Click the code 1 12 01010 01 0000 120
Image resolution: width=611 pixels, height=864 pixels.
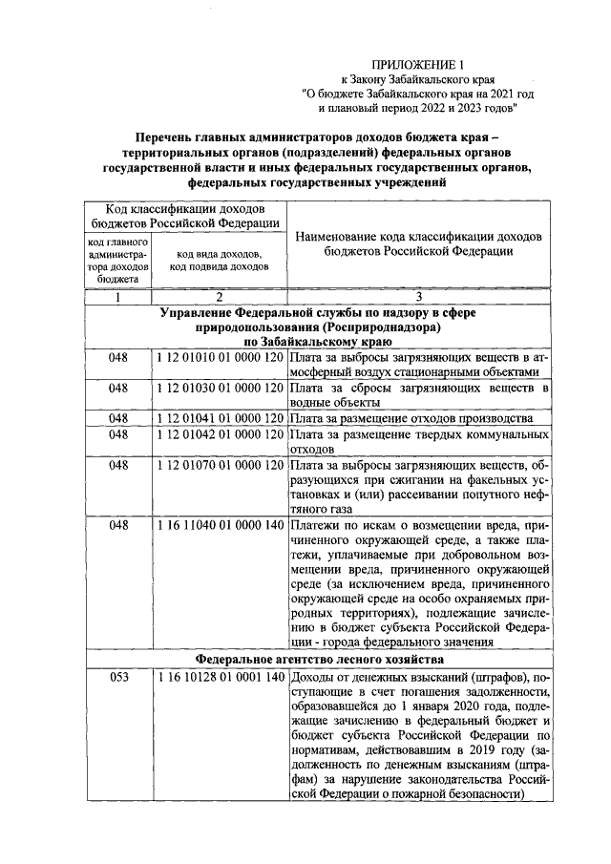(219, 356)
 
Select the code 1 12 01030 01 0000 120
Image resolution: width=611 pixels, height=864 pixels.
(219, 388)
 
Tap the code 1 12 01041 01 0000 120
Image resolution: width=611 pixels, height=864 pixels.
(219, 418)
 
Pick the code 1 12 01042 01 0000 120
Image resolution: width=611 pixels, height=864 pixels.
(219, 433)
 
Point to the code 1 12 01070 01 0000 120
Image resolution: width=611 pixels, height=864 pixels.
(219, 465)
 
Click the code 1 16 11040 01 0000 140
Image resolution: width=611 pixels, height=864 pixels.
(219, 526)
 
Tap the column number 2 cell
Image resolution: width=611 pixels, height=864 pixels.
(219, 297)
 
